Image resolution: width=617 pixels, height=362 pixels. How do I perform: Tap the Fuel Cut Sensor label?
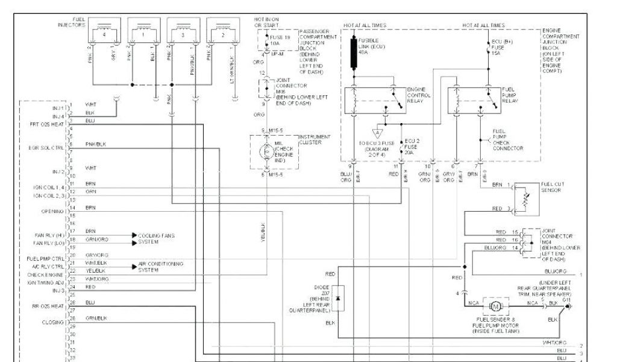point(551,188)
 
